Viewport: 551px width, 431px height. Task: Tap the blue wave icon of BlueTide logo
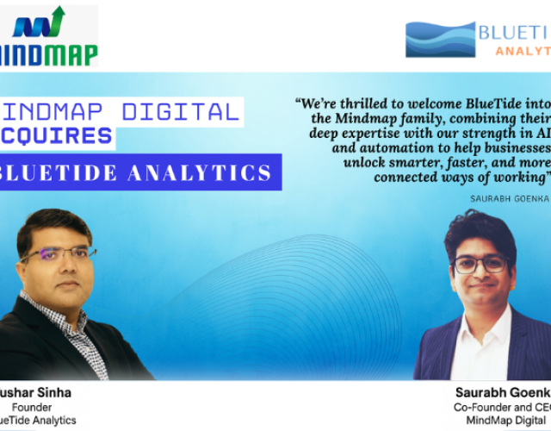[440, 40]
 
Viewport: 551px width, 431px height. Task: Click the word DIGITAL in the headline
[185, 111]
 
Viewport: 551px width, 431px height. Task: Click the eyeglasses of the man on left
[58, 255]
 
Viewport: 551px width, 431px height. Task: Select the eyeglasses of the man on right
[479, 264]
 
